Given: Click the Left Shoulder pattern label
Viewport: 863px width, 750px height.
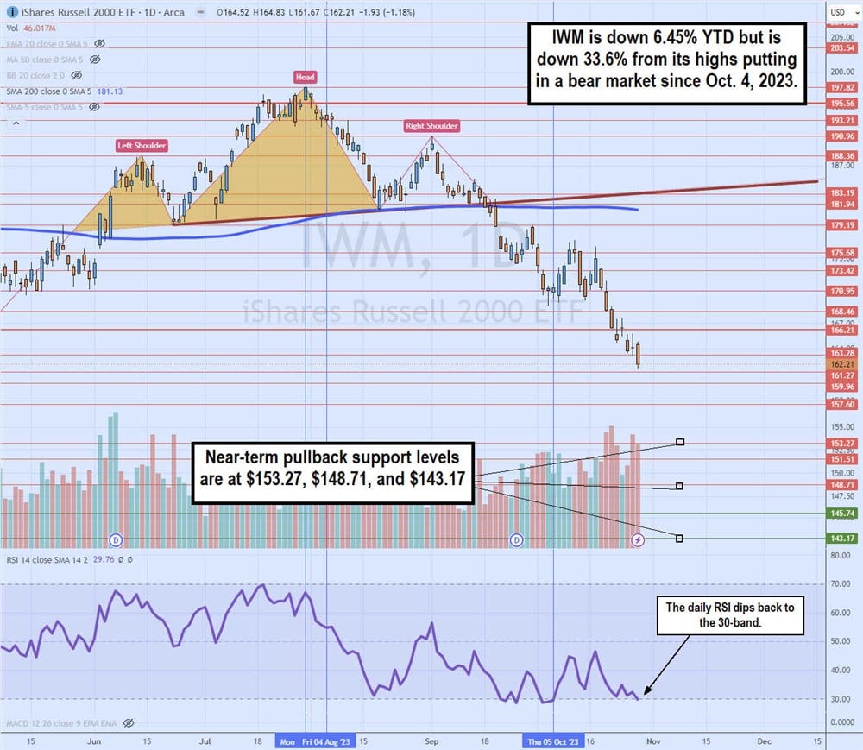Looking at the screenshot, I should (x=142, y=146).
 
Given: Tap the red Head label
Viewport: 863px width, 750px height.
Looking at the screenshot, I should (x=305, y=77).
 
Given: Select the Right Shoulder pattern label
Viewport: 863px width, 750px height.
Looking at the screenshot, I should (x=431, y=126).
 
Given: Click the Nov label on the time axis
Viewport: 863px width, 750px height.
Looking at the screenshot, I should (x=653, y=741).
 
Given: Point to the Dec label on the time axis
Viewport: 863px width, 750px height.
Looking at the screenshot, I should (x=764, y=741).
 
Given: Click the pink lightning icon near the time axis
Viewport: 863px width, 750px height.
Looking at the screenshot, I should (x=638, y=539).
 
